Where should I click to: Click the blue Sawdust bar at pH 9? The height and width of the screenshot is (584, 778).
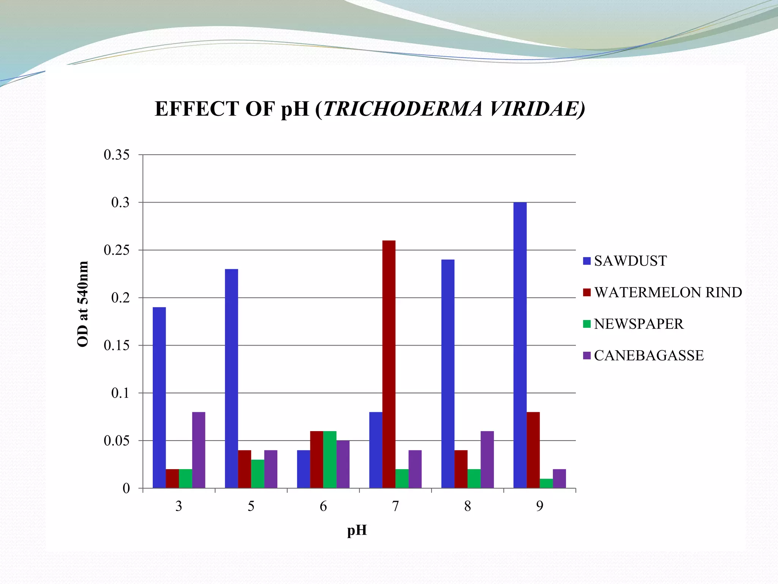pos(520,345)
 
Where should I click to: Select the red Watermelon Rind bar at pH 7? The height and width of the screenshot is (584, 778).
pos(389,364)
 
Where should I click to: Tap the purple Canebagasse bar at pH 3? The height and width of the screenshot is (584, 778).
pos(198,450)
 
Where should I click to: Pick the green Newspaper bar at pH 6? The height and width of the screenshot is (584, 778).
pos(330,460)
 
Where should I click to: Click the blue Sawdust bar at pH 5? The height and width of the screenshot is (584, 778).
pos(231,379)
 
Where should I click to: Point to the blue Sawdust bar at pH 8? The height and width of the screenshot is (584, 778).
pos(448,374)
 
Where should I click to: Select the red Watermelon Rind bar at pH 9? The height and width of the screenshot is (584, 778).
pos(533,450)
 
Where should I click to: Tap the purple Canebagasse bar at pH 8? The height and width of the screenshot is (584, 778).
pos(487,460)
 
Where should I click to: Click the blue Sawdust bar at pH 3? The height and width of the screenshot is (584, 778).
pos(159,398)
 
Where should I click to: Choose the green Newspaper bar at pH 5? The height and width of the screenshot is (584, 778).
pos(258,474)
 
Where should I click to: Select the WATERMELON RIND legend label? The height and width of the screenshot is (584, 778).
pos(668,292)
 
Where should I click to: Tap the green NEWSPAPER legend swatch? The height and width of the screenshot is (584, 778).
pos(587,324)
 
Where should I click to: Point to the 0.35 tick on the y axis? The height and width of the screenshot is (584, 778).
pos(116,155)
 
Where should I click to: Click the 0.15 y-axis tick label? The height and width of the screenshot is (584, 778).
pos(116,345)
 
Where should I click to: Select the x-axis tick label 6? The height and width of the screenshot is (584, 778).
pos(323,506)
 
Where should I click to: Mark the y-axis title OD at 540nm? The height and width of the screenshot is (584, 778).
pos(82,304)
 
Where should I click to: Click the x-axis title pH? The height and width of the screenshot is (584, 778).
pos(357,530)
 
